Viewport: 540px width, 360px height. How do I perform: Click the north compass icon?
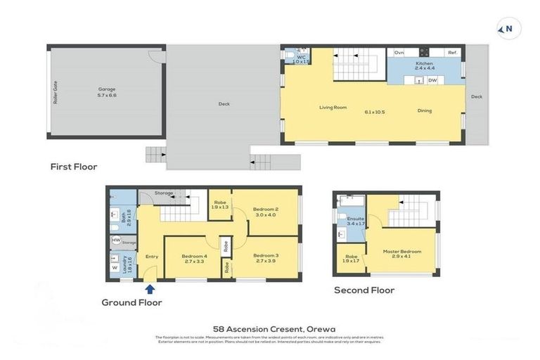point(508,29)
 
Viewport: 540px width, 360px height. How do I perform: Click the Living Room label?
point(333,108)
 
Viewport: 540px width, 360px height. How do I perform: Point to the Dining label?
point(425,110)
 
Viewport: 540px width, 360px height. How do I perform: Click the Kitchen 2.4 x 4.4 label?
point(425,66)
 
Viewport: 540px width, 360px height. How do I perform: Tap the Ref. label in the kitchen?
point(453,53)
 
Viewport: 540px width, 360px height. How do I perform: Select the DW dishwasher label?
point(432,80)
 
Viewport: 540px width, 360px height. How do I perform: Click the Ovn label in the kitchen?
point(399,53)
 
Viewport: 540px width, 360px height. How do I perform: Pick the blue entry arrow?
point(150,288)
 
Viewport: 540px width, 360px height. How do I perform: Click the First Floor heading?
point(73,167)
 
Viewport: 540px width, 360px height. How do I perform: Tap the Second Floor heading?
point(364,290)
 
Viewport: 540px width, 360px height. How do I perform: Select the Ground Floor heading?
point(131,302)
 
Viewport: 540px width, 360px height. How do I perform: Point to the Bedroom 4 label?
point(194,258)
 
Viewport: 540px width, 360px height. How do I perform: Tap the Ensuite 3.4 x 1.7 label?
point(356,221)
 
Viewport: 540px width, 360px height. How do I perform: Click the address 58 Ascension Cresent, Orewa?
point(274,328)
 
